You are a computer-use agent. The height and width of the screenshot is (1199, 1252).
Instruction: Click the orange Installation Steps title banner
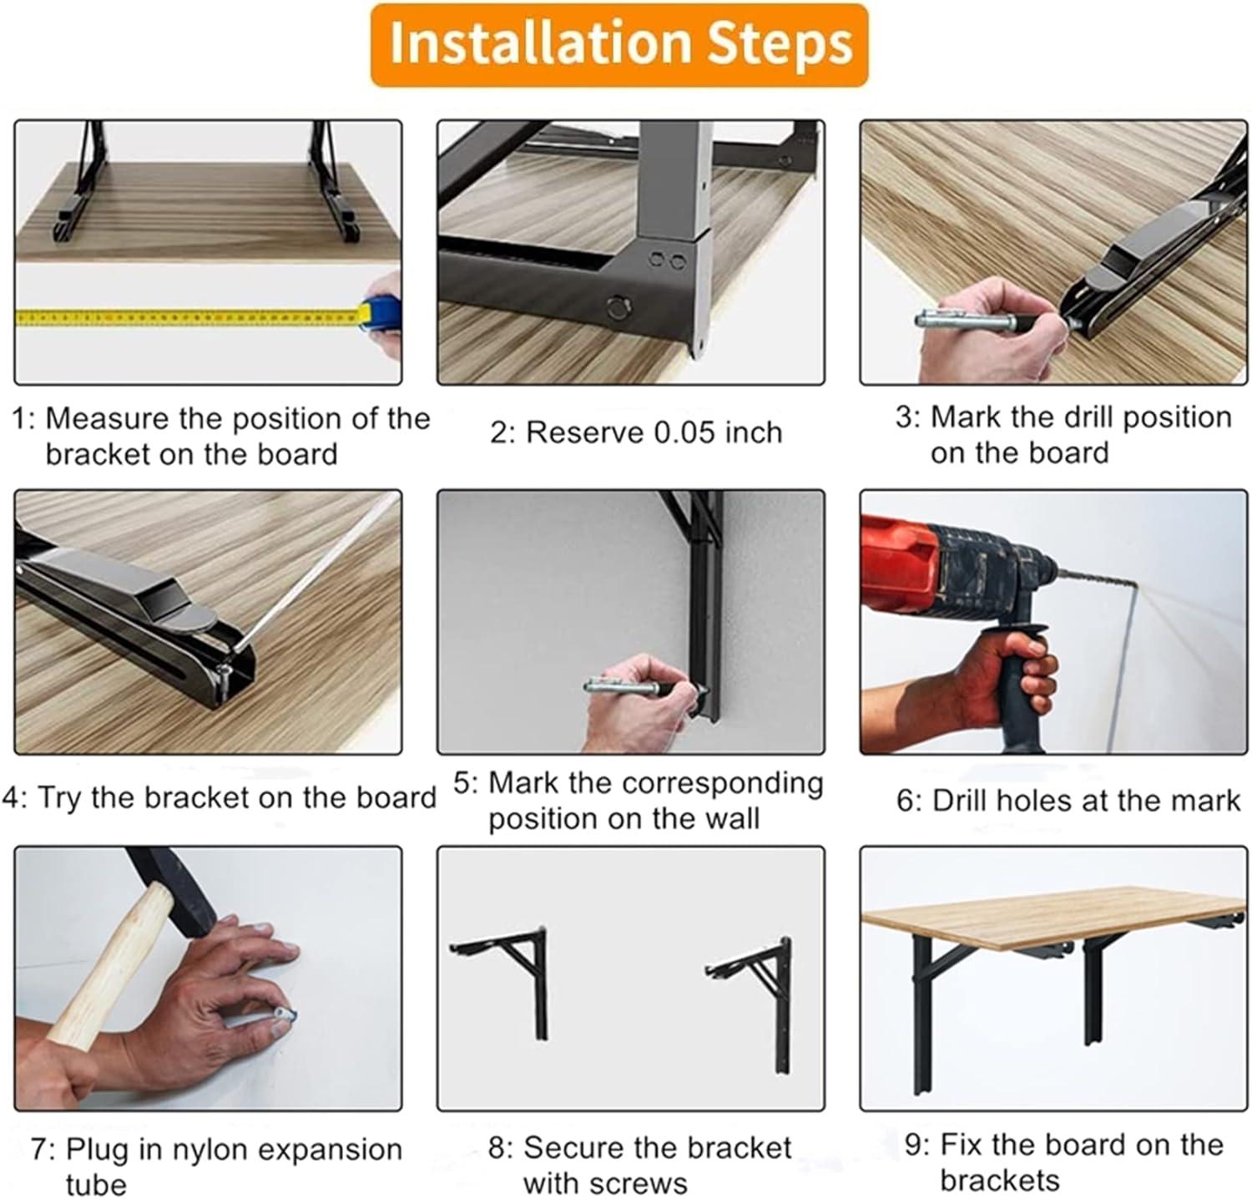point(618,44)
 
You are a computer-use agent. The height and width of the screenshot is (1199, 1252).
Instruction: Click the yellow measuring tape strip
point(188,316)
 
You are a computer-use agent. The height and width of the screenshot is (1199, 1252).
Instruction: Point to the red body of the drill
point(906,554)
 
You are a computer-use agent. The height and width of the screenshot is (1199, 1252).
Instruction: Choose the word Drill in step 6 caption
point(962,800)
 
